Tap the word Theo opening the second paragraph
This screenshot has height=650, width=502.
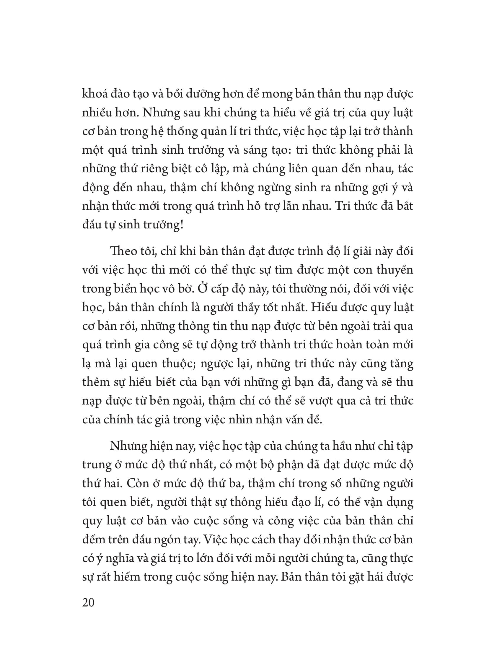122,251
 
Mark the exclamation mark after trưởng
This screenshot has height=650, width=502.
182,225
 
